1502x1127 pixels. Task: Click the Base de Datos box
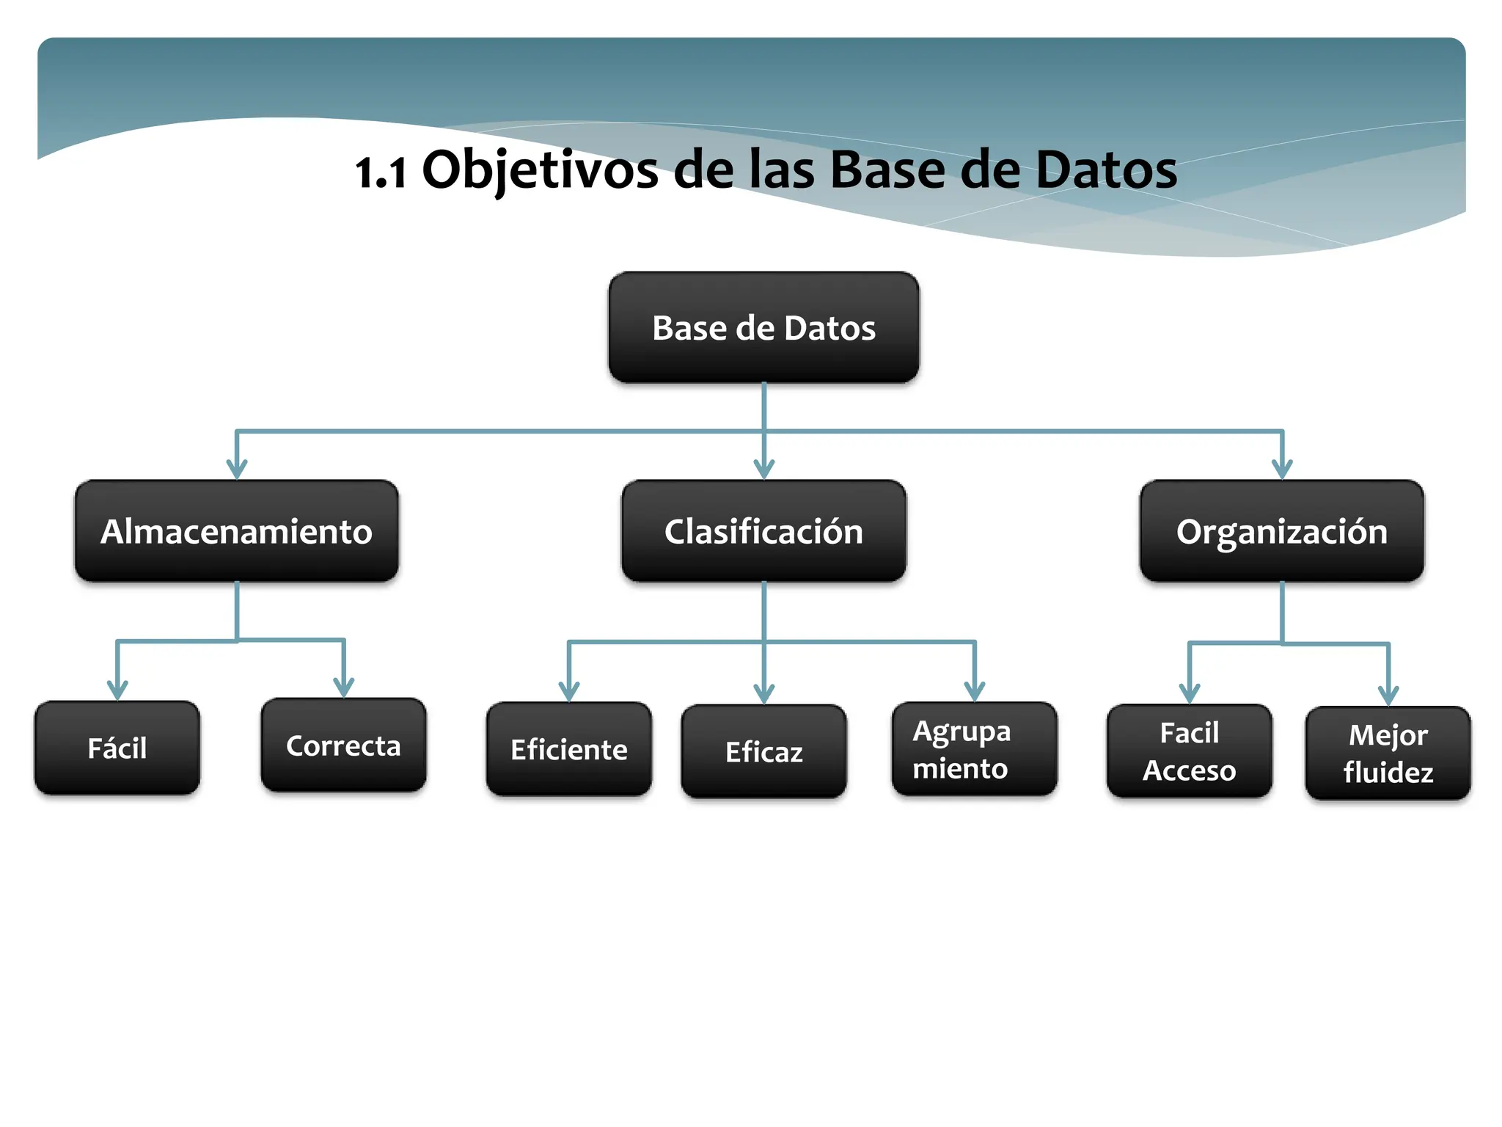pos(763,327)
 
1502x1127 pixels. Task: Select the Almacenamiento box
pos(236,531)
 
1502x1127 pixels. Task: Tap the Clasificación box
pos(763,531)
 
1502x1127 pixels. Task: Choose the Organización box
pos(1281,531)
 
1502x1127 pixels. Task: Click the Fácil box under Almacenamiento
pos(117,748)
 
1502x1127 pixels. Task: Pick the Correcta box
pos(343,745)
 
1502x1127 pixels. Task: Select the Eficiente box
pos(568,749)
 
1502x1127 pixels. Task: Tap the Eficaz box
pos(763,751)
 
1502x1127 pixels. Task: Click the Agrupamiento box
pos(974,749)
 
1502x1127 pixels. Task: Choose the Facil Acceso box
pos(1189,751)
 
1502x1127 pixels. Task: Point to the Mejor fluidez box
pos(1388,753)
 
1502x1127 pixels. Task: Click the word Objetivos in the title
pos(541,170)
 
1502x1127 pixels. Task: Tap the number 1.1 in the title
pos(381,173)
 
